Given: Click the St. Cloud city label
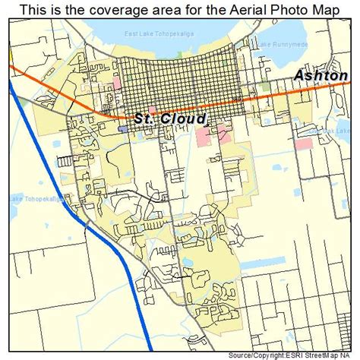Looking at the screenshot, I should (170, 118).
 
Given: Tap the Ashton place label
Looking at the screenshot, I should (319, 76).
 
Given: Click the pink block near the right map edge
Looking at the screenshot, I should (303, 143).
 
